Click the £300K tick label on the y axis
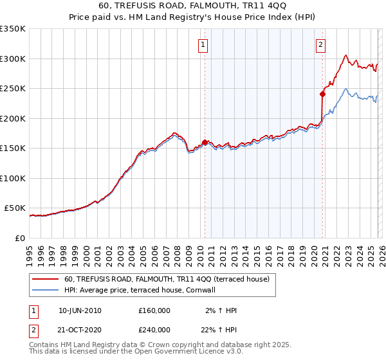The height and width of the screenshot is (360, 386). [x=13, y=59]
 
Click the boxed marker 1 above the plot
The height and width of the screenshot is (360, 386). [x=203, y=45]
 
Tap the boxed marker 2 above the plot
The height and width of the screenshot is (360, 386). [x=320, y=45]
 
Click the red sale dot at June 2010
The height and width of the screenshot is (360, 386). [x=205, y=142]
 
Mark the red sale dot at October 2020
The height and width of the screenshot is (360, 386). [x=322, y=94]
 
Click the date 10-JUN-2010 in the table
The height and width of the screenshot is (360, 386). [x=80, y=310]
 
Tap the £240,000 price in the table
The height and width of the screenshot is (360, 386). [x=154, y=330]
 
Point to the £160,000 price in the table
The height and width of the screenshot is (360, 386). [x=154, y=310]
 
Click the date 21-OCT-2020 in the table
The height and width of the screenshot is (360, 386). [x=80, y=330]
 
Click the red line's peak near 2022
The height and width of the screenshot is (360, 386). [x=346, y=55]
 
